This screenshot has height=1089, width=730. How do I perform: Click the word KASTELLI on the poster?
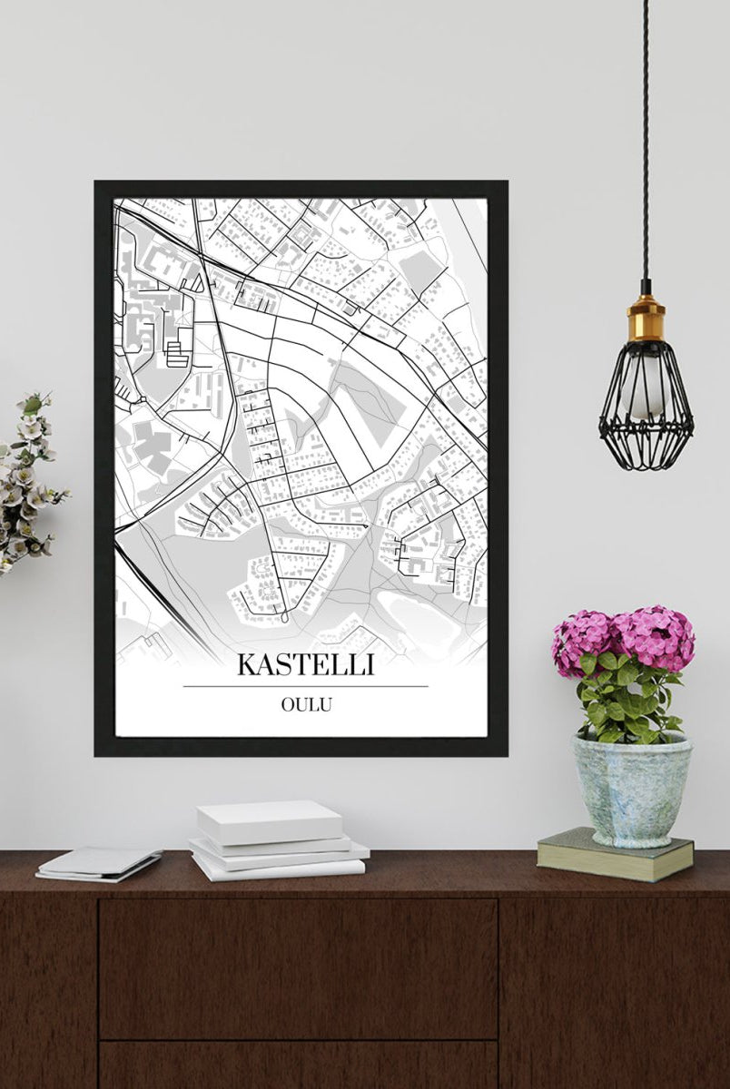[305, 664]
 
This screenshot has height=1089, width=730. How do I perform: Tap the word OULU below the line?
[306, 704]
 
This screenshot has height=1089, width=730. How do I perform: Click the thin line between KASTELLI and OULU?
[305, 686]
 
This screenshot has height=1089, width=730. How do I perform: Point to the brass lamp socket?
[646, 319]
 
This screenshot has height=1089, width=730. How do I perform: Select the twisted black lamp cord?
[646, 136]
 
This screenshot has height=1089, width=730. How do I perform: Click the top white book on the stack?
[270, 820]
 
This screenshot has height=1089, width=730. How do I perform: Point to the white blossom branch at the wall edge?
[27, 481]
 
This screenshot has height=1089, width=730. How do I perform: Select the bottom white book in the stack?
[277, 868]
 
